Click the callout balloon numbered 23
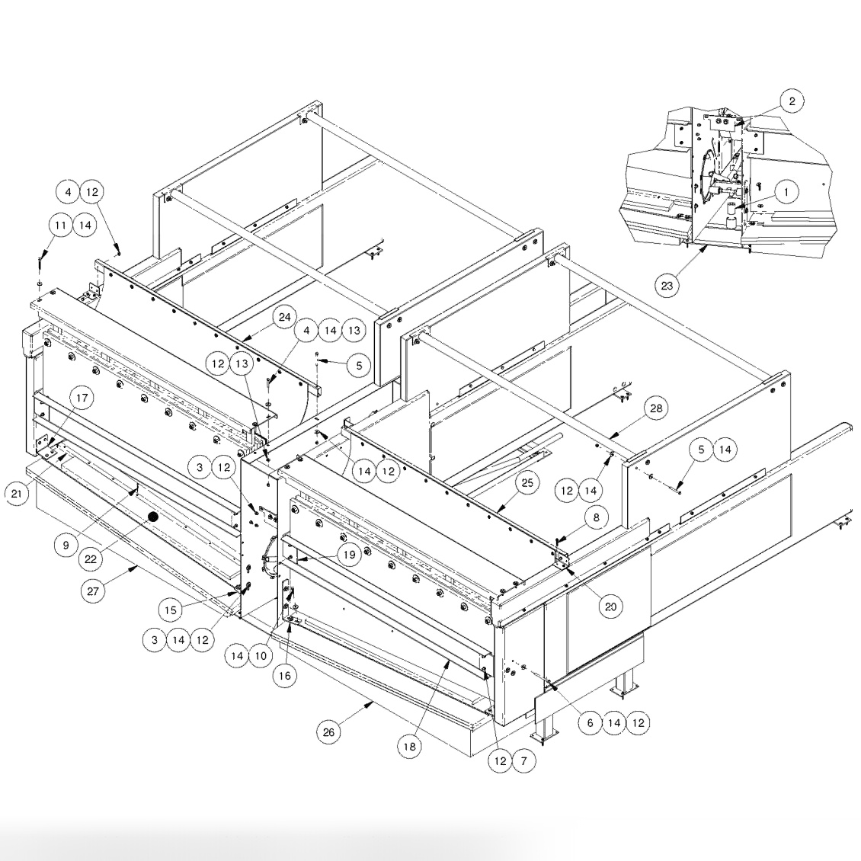(667, 285)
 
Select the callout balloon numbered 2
(792, 101)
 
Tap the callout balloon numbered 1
(786, 192)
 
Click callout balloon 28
(656, 408)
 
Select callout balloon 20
(610, 607)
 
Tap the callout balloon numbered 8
(597, 516)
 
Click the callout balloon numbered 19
(349, 555)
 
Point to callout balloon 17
(81, 397)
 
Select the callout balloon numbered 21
(17, 493)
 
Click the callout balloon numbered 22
(91, 559)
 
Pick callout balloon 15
(172, 609)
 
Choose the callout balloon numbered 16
(285, 676)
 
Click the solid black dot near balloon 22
(152, 517)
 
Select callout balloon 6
(589, 723)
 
